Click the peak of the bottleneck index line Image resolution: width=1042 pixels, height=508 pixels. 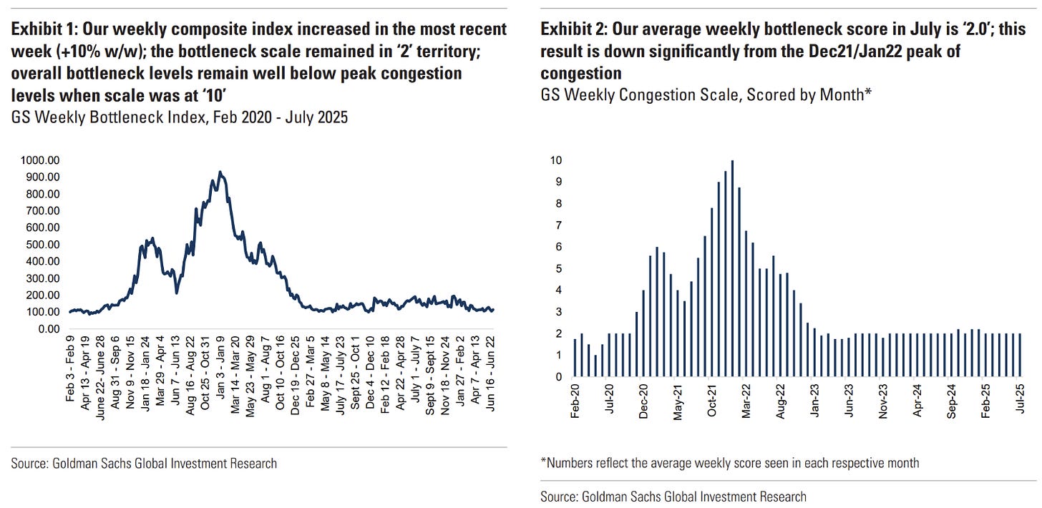[x=220, y=172]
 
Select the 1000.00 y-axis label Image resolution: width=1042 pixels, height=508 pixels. [x=40, y=160]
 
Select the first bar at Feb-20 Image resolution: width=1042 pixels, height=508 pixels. [x=575, y=357]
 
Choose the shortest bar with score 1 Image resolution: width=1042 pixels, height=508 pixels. [x=595, y=366]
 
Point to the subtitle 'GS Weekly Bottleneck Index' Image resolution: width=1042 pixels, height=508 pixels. [x=93, y=117]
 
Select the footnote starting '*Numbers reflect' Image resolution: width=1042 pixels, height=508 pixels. [x=730, y=463]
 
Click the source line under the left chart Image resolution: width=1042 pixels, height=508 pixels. [x=144, y=464]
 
